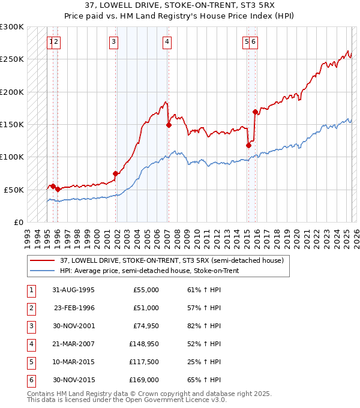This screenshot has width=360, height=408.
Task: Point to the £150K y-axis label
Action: click(11, 124)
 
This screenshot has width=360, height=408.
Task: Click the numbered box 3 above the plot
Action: click(113, 41)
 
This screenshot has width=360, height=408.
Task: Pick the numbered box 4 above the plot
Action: click(167, 41)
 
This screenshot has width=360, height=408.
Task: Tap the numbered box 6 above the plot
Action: click(254, 41)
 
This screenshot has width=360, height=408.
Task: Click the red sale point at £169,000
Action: click(256, 112)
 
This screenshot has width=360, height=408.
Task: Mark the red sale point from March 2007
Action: click(169, 125)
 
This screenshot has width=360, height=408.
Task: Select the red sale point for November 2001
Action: click(116, 173)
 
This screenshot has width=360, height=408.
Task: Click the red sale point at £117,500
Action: click(248, 145)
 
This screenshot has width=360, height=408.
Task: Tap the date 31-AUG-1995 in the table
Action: click(73, 290)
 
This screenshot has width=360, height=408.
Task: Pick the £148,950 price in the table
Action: click(144, 344)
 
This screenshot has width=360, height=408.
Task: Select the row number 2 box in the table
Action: click(31, 308)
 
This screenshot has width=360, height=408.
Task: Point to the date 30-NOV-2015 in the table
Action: click(73, 380)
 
